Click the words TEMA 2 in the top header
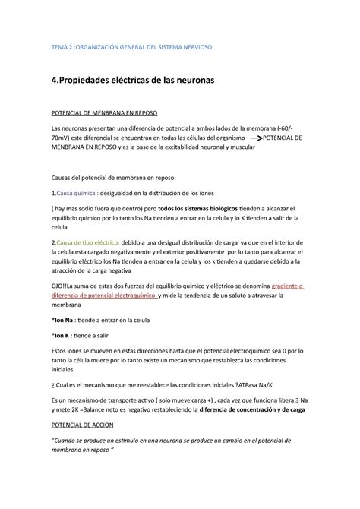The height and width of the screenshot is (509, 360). click(x=65, y=46)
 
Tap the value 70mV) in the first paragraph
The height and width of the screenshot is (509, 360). click(x=63, y=141)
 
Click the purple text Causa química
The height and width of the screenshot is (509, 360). click(x=75, y=193)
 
